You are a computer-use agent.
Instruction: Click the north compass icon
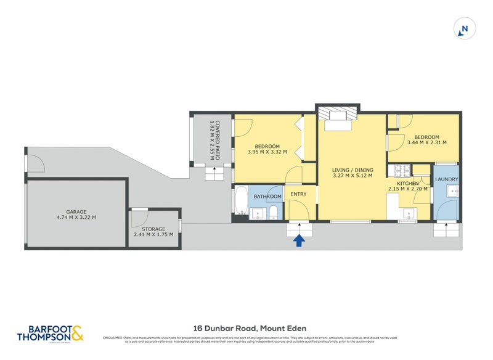click(x=464, y=28)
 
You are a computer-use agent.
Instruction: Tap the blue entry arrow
click(x=299, y=240)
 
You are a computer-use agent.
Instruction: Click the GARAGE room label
click(x=76, y=211)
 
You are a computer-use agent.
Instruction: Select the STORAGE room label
click(x=154, y=229)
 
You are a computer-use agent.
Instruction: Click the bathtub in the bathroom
click(x=240, y=202)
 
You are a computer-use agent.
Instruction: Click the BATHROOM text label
click(x=267, y=197)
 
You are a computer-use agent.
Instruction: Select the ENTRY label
click(x=298, y=195)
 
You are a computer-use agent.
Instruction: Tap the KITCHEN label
click(x=407, y=184)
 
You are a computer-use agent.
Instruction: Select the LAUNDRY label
click(x=446, y=180)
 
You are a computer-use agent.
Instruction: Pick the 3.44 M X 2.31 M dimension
click(x=426, y=143)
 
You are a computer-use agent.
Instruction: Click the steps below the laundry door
click(x=446, y=229)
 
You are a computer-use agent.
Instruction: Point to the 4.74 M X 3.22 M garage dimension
click(x=76, y=217)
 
